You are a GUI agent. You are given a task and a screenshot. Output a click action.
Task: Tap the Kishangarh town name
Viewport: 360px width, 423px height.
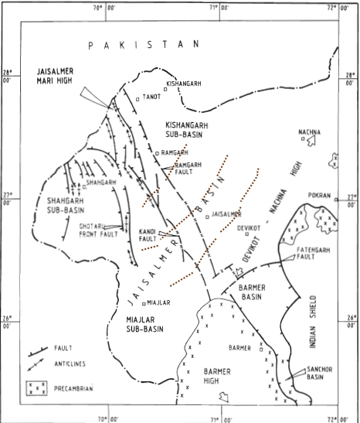182,82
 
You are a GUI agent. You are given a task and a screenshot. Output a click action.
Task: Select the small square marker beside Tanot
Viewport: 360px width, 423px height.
138,98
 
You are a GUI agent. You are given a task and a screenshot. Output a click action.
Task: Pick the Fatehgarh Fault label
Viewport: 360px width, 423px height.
315,253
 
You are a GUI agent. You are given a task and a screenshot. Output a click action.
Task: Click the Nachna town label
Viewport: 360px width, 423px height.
313,132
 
